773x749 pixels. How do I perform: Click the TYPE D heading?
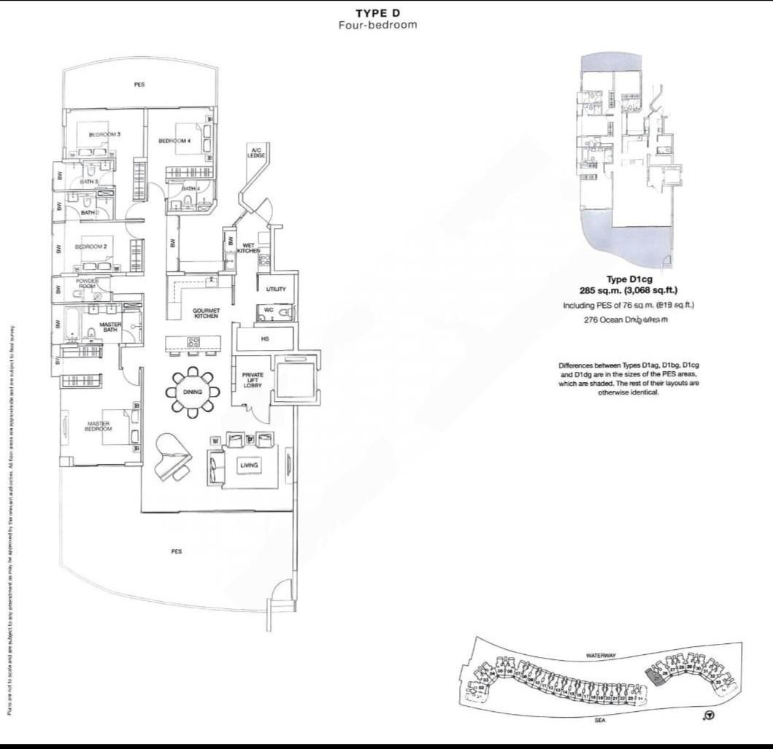[377, 13]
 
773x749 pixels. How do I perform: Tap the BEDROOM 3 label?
[104, 134]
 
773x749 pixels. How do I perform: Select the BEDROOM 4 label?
[174, 141]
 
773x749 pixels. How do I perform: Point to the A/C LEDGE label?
[255, 152]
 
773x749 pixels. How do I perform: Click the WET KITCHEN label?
[248, 247]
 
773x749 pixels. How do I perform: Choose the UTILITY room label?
[276, 290]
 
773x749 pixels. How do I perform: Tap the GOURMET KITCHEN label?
[206, 314]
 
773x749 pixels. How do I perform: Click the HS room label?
[265, 339]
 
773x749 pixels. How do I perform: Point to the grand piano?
[172, 456]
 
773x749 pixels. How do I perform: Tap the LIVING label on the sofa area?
[249, 465]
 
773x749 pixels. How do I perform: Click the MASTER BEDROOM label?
[99, 427]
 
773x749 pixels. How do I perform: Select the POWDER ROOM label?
[86, 284]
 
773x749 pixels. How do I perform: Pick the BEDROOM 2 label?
[91, 247]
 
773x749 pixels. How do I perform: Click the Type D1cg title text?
[628, 279]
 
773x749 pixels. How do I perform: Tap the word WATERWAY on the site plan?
[601, 656]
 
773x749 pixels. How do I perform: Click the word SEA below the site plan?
[600, 719]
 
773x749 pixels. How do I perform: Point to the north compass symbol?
[708, 715]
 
